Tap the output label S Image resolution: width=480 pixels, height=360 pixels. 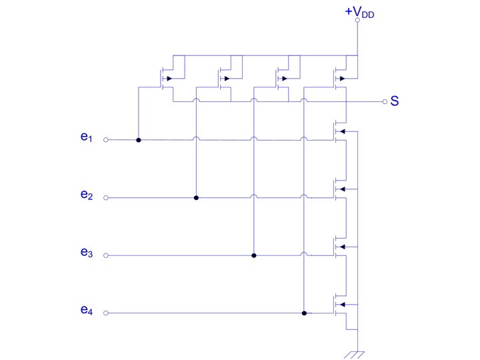[395, 102]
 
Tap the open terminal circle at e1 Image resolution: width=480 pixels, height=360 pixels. [107, 141]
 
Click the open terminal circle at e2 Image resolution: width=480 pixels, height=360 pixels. [107, 198]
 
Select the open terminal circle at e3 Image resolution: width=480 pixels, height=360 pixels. [107, 255]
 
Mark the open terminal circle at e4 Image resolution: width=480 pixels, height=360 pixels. [107, 313]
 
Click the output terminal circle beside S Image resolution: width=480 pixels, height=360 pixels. [385, 102]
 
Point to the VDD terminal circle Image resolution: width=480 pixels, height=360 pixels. [358, 21]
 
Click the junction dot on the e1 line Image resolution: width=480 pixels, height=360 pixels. [138, 141]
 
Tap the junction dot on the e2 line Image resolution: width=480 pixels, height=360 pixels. [196, 198]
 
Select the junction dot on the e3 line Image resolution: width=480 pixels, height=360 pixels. [254, 255]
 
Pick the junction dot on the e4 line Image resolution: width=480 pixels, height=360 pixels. [304, 313]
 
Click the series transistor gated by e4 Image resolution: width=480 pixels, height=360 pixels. [341, 306]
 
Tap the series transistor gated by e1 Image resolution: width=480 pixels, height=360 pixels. [341, 133]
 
